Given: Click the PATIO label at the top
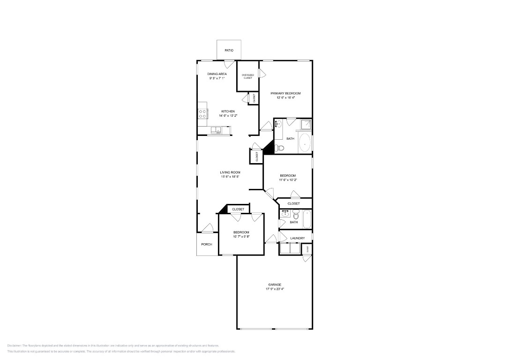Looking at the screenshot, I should (x=229, y=50).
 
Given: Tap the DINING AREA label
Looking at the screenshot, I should (x=217, y=74).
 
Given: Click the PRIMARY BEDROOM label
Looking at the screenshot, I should (x=285, y=93).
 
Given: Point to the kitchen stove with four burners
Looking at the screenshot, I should (x=203, y=113).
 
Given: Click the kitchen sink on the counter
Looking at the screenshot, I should (x=216, y=130).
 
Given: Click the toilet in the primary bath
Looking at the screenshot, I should (x=280, y=148).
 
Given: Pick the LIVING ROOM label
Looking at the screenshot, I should (x=230, y=172).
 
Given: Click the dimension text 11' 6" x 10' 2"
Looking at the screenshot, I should (x=288, y=180).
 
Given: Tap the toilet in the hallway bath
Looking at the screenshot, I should (x=296, y=215).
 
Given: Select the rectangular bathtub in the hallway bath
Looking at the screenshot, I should (x=307, y=219).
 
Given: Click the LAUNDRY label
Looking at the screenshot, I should (x=297, y=238).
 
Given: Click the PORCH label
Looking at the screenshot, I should (x=207, y=244).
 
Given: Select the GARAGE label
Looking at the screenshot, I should (x=275, y=285).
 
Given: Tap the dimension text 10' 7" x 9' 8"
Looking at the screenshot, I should (x=241, y=237).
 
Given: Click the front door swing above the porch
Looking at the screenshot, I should (x=207, y=228).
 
